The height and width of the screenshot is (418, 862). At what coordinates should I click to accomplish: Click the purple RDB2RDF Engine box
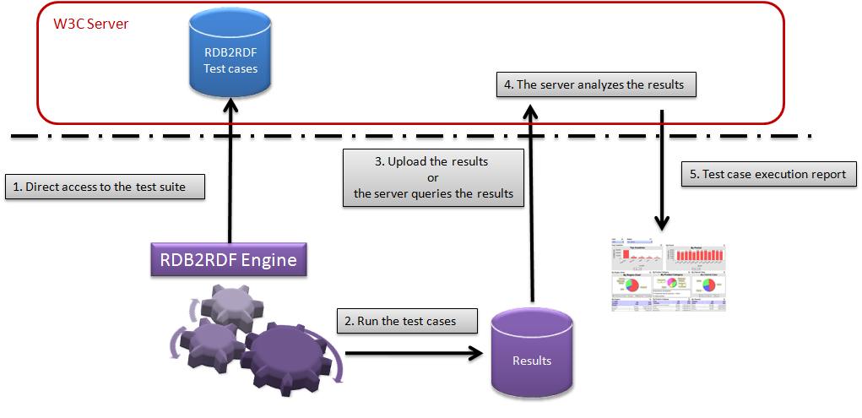tap(228, 259)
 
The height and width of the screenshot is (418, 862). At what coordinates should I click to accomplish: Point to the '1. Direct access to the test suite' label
tap(106, 187)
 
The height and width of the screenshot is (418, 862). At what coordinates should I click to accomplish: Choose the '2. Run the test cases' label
tap(408, 321)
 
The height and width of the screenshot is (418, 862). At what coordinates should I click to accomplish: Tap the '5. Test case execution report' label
tap(768, 175)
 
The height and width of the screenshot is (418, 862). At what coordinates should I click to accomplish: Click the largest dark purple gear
tap(291, 355)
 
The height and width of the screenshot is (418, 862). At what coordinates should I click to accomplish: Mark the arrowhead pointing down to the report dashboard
tap(662, 223)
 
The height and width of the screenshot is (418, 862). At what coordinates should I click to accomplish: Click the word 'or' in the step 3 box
tap(432, 177)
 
